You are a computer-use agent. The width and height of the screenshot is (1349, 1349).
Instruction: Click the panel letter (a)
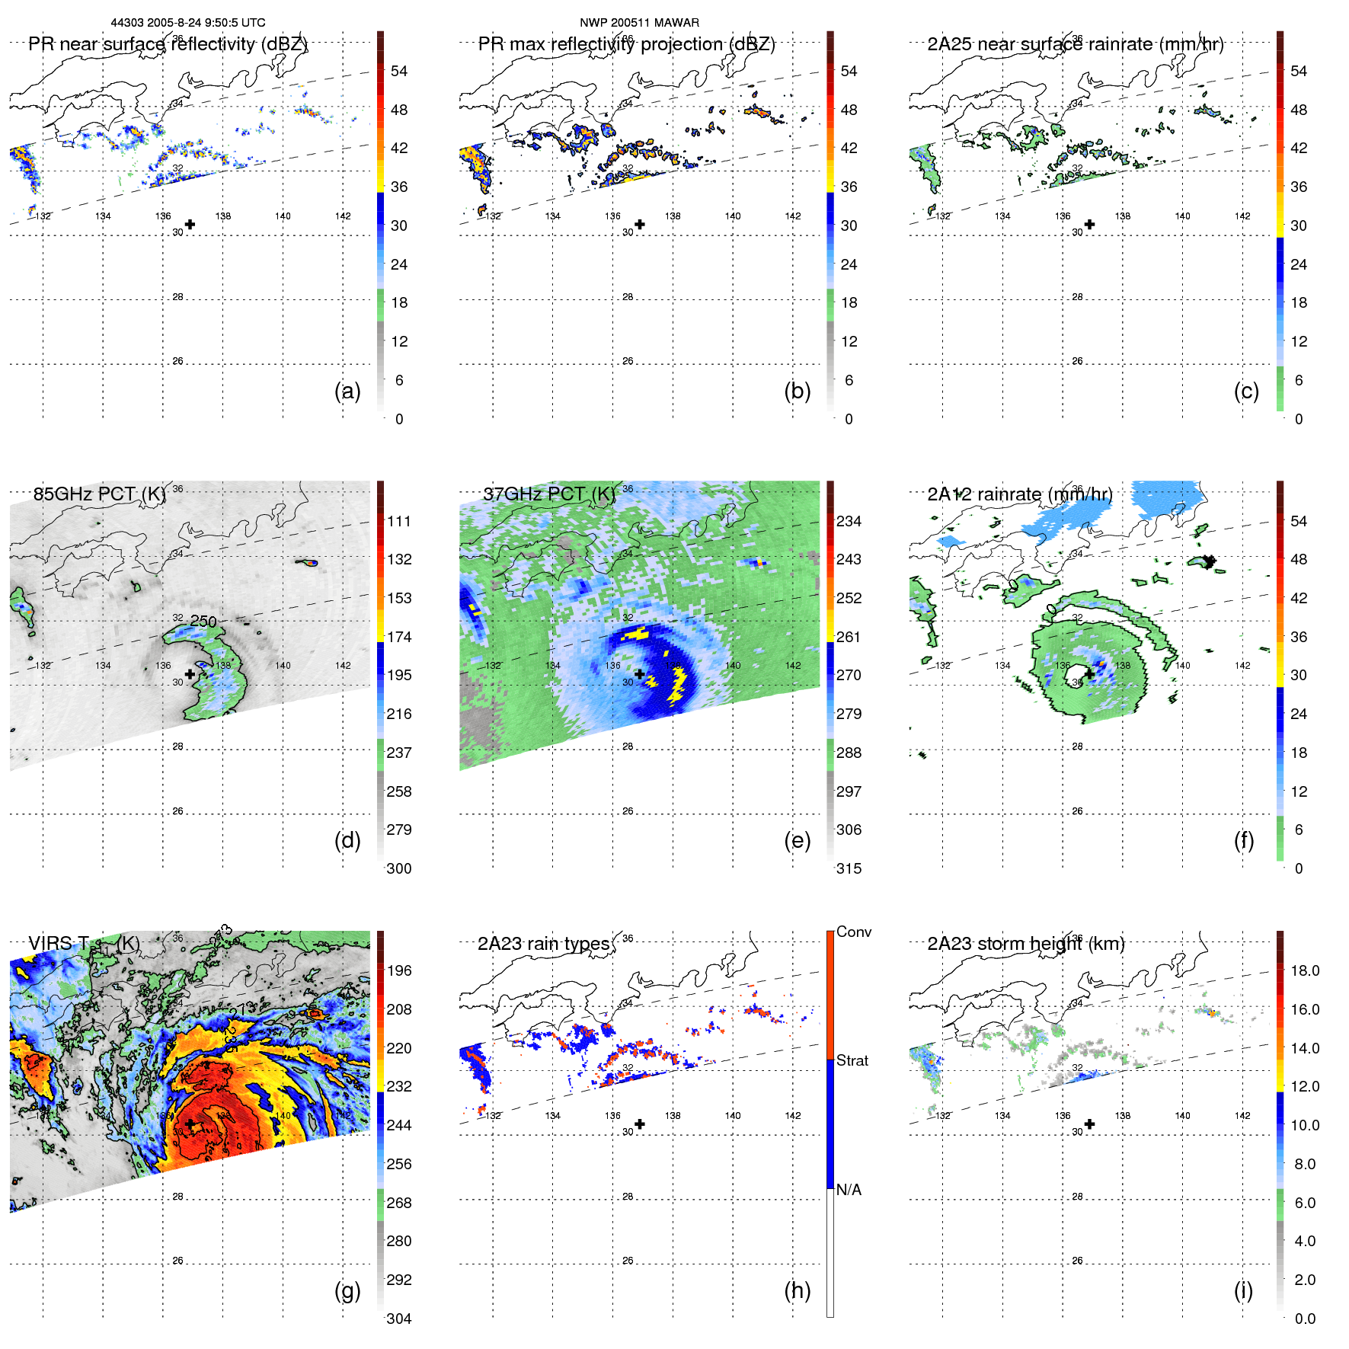point(347,391)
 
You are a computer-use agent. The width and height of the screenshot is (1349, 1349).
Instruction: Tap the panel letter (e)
point(797,840)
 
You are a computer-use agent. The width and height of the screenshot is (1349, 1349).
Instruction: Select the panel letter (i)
point(1243,1290)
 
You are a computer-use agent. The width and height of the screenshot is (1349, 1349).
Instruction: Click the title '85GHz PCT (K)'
point(99,494)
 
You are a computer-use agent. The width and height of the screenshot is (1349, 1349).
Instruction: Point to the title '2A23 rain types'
point(543,944)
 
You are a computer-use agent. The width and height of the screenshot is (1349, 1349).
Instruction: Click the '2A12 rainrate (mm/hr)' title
point(1019,494)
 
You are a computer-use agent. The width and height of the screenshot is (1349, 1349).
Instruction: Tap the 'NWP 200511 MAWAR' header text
point(639,23)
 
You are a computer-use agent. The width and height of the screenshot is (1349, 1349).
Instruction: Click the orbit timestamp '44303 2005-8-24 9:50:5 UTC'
point(188,23)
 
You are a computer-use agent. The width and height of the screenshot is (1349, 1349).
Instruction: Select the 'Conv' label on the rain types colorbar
point(853,932)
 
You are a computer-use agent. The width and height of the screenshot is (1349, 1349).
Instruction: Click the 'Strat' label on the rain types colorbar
point(852,1060)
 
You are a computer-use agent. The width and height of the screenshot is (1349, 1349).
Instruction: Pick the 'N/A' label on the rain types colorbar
point(848,1190)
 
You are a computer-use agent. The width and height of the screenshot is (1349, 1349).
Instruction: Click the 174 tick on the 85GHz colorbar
point(399,637)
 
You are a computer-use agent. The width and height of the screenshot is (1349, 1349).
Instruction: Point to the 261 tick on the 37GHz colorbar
point(849,637)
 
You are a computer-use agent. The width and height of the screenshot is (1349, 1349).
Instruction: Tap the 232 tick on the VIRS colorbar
point(399,1086)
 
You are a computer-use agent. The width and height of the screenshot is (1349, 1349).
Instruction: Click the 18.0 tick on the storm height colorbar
point(1304,970)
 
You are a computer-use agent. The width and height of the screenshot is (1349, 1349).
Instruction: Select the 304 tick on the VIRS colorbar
point(399,1319)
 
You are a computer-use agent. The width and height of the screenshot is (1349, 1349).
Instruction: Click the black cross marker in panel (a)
point(190,225)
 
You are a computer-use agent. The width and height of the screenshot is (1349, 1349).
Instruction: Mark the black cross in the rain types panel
point(640,1124)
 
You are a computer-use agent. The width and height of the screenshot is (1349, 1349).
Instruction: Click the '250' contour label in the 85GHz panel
point(203,621)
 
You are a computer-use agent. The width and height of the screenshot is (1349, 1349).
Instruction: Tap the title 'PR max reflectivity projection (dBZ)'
point(626,44)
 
